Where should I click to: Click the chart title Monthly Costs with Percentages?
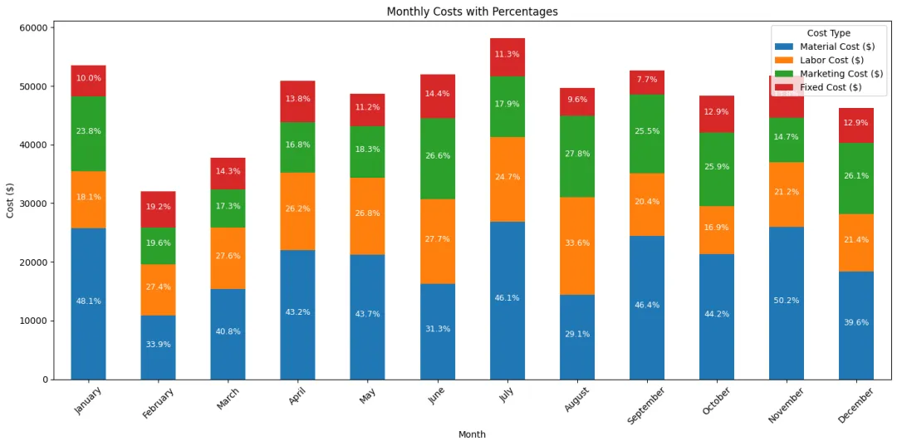(472, 12)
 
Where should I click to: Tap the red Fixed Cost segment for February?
(158, 209)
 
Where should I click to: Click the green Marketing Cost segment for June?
(437, 158)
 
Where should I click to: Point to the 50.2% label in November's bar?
(786, 301)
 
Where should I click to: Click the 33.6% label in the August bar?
(576, 243)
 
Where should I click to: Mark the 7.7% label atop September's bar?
(646, 80)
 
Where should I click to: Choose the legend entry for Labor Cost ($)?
(831, 60)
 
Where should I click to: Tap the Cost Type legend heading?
(828, 33)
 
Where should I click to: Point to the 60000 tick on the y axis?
(37, 27)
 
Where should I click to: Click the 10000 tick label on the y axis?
(37, 321)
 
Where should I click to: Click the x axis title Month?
(472, 434)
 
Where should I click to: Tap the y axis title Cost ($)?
(10, 199)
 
